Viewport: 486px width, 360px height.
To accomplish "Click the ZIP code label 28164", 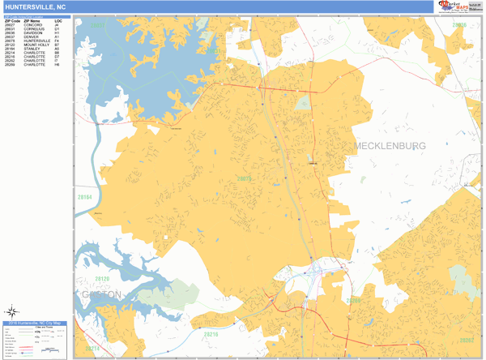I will pos(84,196).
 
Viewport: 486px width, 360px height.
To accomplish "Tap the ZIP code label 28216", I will pos(211,334).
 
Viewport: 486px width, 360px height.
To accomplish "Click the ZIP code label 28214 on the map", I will pos(92,348).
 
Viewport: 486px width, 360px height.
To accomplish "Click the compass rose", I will pos(13,311).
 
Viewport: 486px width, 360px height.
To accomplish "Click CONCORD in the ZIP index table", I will pos(35,25).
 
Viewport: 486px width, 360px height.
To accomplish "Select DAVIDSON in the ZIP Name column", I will pos(36,33).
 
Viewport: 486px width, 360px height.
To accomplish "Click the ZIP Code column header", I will pos(13,20).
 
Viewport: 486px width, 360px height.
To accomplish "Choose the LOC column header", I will pos(58,20).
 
